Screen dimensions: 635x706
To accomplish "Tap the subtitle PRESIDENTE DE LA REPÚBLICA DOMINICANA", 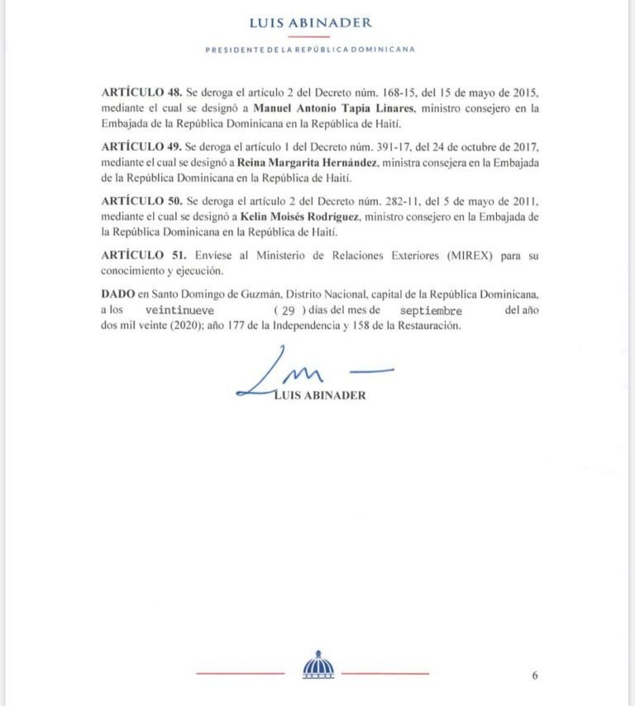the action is pos(310,50).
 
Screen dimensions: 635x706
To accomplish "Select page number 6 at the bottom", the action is pos(535,675).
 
